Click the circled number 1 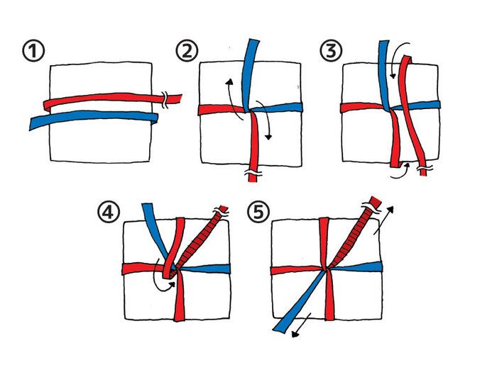tap(33, 51)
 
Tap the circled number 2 tap(187, 51)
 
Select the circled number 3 tap(331, 51)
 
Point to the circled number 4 tap(109, 212)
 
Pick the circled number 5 tap(258, 212)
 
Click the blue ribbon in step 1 tap(94, 118)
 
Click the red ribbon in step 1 tap(112, 99)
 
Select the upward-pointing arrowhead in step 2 tap(229, 82)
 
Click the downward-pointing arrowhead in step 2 tap(268, 137)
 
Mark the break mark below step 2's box tap(253, 173)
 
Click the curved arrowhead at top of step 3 tap(393, 76)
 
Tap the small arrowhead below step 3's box tap(407, 165)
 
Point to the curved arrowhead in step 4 tap(173, 284)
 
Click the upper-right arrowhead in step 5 tap(390, 210)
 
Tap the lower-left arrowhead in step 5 tap(295, 334)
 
